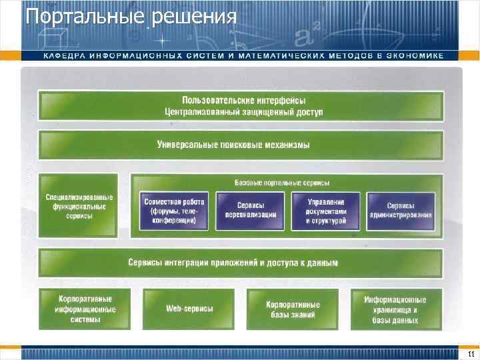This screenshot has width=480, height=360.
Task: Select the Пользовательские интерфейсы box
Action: pos(241,101)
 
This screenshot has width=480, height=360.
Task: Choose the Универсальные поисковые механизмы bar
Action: pos(241,145)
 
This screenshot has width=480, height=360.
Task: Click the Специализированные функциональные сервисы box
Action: pos(79,207)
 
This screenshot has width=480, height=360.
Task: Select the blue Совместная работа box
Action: pos(174,211)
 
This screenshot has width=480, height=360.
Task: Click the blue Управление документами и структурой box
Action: pos(325,211)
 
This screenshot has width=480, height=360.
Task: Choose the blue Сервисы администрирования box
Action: pos(401,211)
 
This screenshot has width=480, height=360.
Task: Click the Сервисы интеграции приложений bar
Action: pos(241,263)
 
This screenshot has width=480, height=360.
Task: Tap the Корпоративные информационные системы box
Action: pos(87,309)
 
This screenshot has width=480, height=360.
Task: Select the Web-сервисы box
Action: pos(189,309)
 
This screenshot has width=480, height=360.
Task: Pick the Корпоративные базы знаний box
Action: pos(293,309)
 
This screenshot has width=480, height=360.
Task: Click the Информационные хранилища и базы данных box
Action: pos(395,309)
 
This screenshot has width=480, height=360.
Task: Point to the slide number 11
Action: pos(469,353)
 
